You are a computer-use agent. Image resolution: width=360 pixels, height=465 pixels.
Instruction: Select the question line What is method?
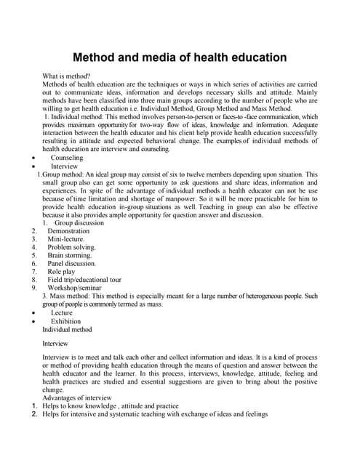coord(66,76)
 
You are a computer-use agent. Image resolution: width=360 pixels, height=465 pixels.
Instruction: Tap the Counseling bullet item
coord(67,158)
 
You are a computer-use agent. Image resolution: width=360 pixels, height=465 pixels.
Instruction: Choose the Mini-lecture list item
coord(66,239)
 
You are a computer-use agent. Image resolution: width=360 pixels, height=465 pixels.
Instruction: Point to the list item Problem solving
coord(71,247)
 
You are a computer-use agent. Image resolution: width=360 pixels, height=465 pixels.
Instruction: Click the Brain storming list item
coord(70,256)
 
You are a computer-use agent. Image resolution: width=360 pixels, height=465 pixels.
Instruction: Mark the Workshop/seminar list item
coord(77,288)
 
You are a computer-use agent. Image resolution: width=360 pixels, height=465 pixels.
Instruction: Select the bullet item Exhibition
coord(66,321)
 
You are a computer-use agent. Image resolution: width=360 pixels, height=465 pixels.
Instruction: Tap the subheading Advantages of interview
coord(77,398)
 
